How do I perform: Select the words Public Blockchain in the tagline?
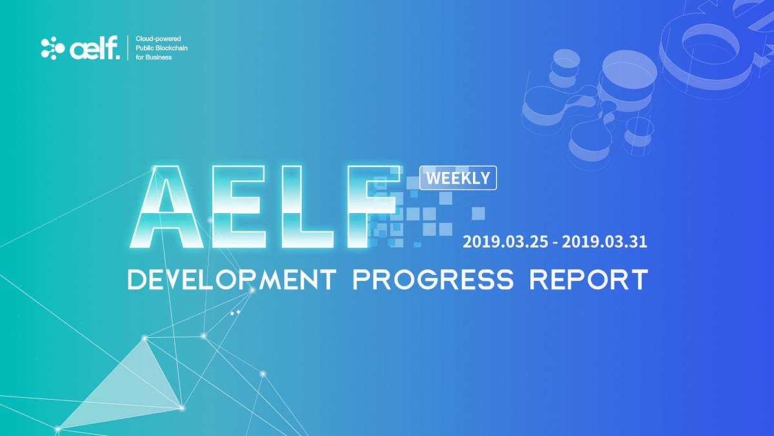coord(162,48)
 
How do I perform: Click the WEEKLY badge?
coord(458,178)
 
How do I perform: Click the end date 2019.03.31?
coord(604,242)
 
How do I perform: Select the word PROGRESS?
coord(433,280)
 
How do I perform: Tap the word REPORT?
coord(588,280)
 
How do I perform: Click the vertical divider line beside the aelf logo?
coord(128,48)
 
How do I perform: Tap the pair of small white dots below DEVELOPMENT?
coord(235,312)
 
